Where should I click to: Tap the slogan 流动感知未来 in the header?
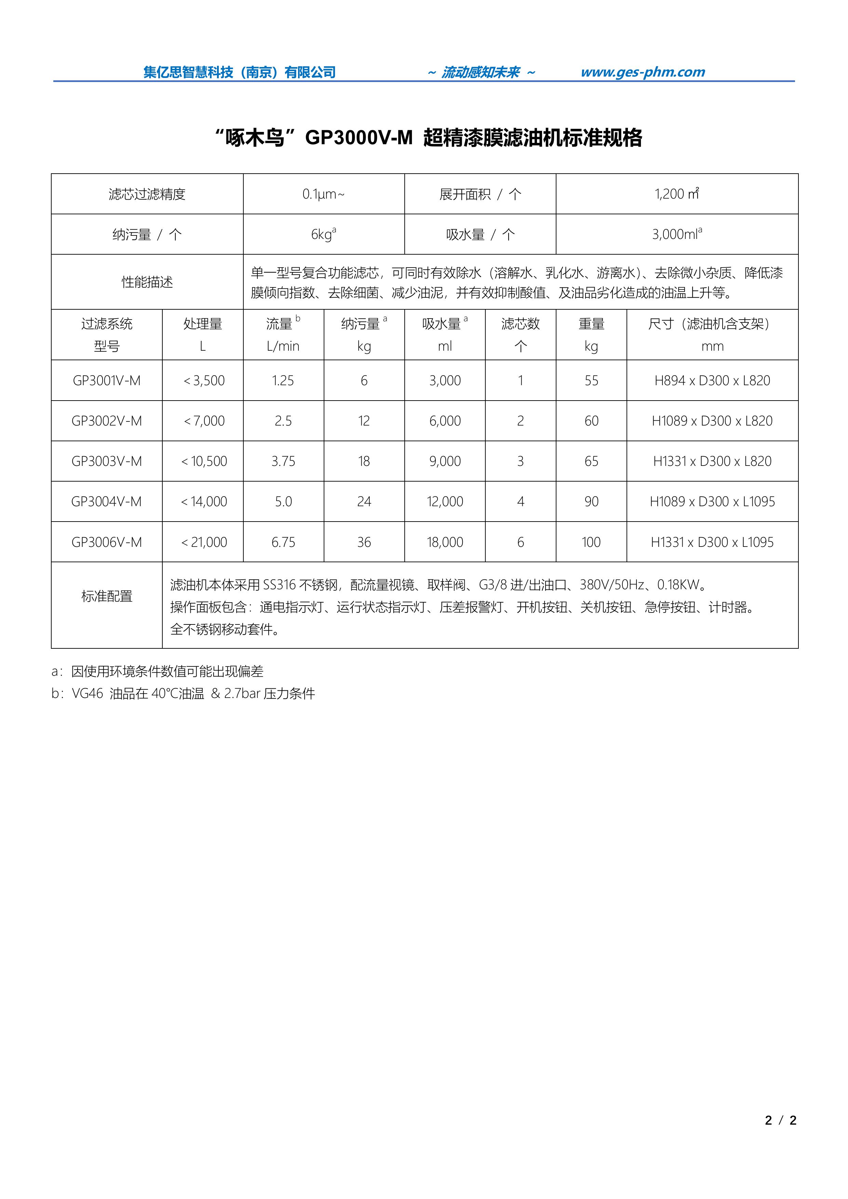click(x=480, y=72)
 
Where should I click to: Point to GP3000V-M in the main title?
click(x=359, y=138)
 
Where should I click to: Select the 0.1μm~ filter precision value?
click(x=323, y=194)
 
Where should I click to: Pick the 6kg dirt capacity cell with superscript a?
click(x=323, y=234)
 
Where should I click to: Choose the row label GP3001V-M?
click(x=107, y=381)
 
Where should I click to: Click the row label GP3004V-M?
click(x=107, y=502)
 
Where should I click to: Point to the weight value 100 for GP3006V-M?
click(x=591, y=542)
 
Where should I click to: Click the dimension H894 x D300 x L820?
click(x=712, y=381)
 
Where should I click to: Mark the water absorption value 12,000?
click(x=445, y=502)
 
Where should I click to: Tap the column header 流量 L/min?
click(x=283, y=334)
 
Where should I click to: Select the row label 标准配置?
click(x=107, y=596)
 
